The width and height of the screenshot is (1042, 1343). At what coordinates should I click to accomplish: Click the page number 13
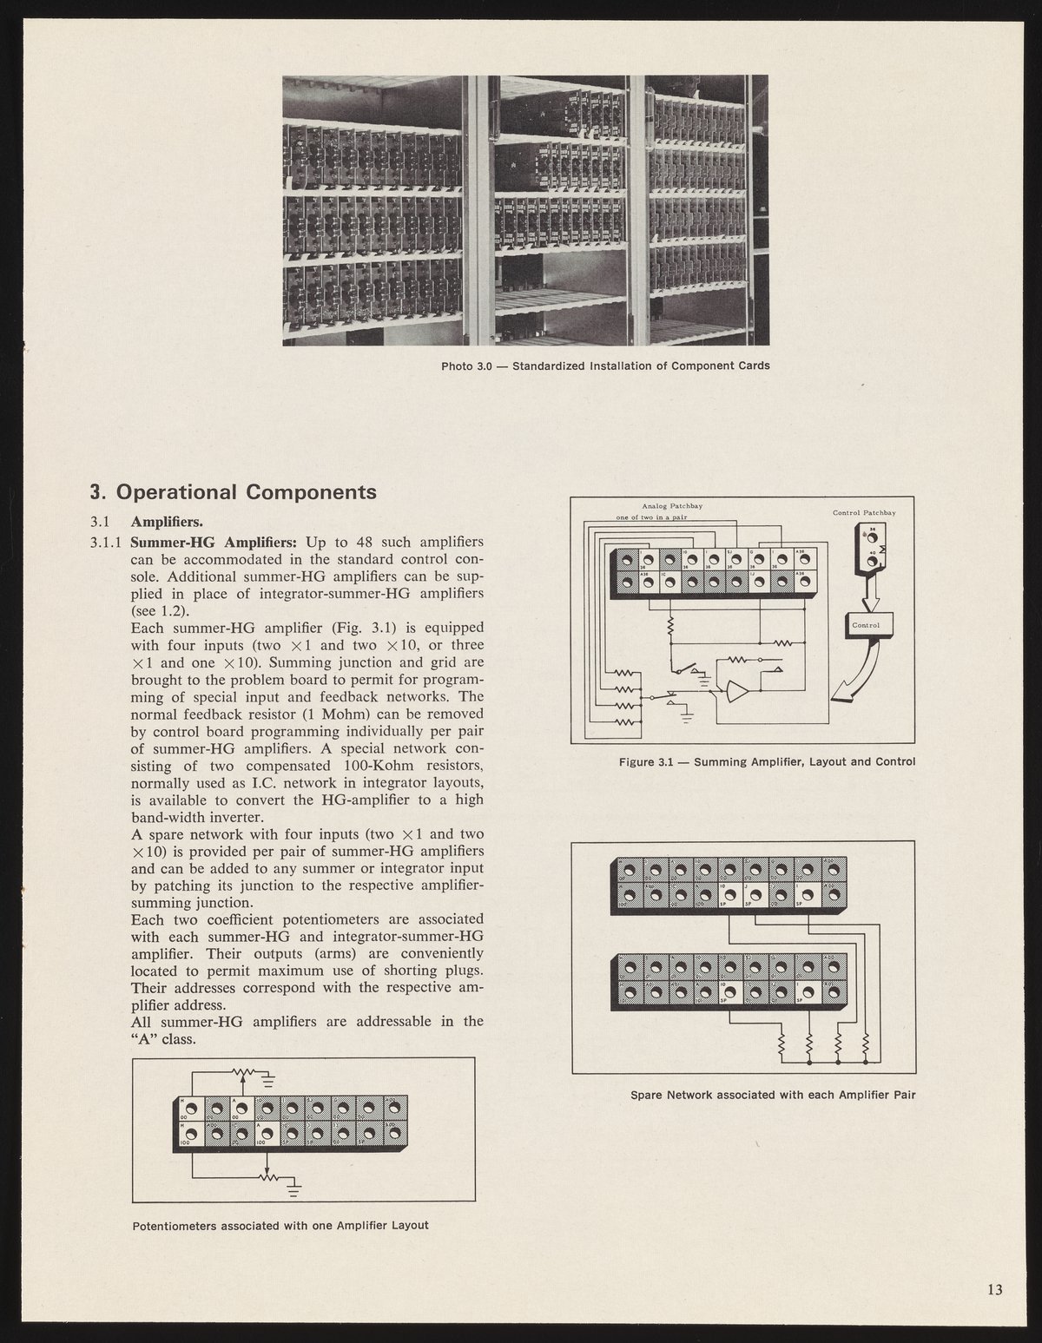click(x=994, y=1289)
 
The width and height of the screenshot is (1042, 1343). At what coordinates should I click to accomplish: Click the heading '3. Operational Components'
click(x=233, y=492)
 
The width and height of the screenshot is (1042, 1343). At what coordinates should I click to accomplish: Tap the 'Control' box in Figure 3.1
click(x=866, y=625)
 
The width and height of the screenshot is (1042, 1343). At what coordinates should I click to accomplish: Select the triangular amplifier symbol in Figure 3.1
click(x=736, y=691)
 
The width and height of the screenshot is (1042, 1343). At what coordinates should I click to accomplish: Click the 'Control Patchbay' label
click(x=863, y=513)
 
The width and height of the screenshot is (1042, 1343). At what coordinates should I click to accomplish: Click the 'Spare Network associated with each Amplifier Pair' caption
click(x=773, y=1094)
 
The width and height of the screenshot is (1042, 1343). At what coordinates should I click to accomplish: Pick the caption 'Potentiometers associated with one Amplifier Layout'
click(x=280, y=1226)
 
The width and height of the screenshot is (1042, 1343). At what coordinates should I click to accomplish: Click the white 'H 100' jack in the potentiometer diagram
click(x=191, y=1133)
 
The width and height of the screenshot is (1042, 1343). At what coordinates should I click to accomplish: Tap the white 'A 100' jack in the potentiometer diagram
click(x=267, y=1133)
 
